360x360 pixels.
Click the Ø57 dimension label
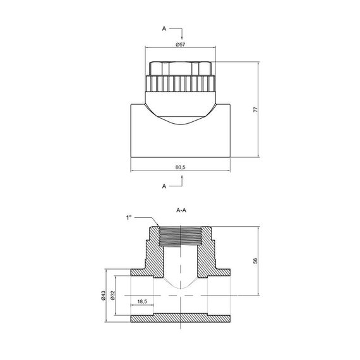(180, 45)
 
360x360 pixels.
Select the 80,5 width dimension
(180, 167)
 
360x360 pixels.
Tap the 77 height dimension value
(255, 109)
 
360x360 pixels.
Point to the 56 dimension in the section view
(255, 261)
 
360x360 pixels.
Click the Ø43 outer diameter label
(103, 295)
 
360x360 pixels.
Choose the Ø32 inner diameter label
(112, 295)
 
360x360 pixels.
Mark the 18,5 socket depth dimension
(142, 301)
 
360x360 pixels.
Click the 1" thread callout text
(129, 218)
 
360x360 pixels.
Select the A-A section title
(181, 210)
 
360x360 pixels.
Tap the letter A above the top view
(164, 28)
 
